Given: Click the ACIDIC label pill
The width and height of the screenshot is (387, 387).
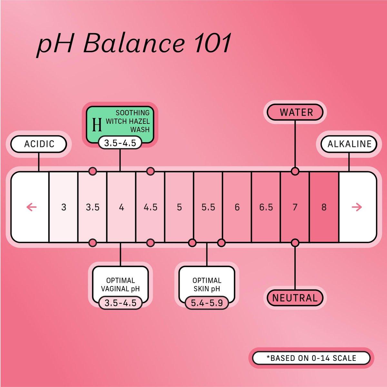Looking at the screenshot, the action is click(x=38, y=144).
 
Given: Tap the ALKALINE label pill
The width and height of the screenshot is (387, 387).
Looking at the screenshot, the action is click(x=349, y=144).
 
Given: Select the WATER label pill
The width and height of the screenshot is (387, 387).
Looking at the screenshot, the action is click(x=295, y=112).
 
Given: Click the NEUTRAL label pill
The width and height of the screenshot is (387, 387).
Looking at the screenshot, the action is click(x=295, y=298).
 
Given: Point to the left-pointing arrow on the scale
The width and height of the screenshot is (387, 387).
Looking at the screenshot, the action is click(x=32, y=207).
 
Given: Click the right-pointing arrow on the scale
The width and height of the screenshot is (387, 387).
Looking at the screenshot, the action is click(x=357, y=207).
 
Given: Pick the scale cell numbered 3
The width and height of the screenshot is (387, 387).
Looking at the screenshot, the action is click(x=64, y=207).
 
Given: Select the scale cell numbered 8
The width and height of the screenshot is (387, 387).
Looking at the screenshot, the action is click(x=324, y=207).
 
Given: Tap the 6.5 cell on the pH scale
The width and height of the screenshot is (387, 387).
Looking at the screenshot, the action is click(x=266, y=207).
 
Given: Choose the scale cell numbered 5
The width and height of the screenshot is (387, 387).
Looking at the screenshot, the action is click(x=179, y=207).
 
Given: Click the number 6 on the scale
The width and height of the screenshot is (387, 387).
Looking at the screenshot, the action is click(x=237, y=207).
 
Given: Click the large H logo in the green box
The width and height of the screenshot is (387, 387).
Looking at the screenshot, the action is click(x=97, y=125).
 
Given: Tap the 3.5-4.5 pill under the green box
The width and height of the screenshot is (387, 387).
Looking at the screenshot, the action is click(x=120, y=143).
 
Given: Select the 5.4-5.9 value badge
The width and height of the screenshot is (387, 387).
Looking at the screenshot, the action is click(x=207, y=303).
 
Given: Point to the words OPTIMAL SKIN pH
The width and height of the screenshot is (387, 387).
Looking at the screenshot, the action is click(x=207, y=284).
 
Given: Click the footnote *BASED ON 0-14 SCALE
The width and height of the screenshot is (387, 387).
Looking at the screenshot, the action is click(x=311, y=358).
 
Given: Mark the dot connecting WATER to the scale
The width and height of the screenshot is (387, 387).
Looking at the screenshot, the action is click(x=295, y=171).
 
